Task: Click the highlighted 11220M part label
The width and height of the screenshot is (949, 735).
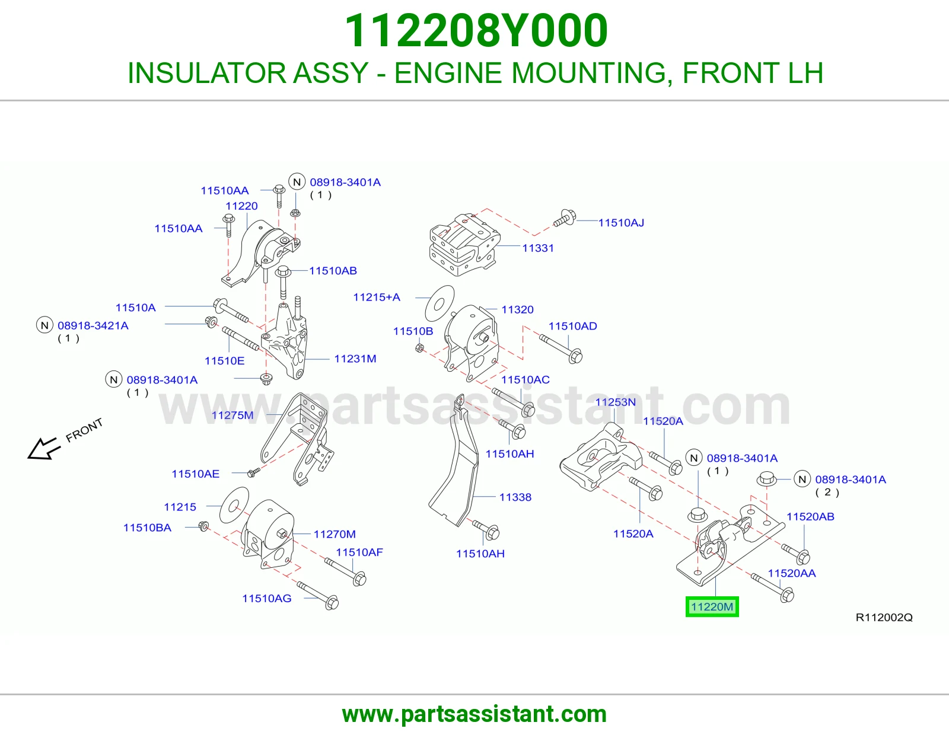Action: (x=712, y=607)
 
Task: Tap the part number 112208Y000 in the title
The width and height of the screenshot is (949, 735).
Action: (x=476, y=31)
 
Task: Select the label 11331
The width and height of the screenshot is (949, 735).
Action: (x=538, y=248)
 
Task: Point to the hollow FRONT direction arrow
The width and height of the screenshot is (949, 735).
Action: (x=43, y=448)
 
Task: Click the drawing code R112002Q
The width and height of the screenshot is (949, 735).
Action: (x=884, y=617)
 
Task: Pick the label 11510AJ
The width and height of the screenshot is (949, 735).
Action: (x=621, y=223)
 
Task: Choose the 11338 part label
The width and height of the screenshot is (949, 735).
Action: (x=515, y=497)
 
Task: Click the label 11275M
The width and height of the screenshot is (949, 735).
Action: (x=233, y=415)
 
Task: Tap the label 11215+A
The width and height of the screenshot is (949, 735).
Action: (x=377, y=297)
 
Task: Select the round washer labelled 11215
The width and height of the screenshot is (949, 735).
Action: (x=234, y=505)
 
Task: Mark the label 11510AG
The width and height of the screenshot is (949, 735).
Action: (x=267, y=599)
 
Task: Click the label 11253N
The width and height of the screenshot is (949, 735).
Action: (x=615, y=402)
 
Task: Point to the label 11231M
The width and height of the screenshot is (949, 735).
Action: (x=355, y=359)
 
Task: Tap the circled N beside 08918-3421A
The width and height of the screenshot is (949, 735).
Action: (x=44, y=325)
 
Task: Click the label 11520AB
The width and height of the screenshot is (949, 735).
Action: (x=810, y=517)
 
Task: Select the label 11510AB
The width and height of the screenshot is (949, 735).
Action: (x=333, y=271)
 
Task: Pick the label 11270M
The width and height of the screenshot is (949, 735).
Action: (x=335, y=534)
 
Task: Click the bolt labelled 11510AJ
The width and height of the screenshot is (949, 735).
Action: (x=565, y=219)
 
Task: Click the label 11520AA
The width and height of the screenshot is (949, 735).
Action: (x=792, y=574)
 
